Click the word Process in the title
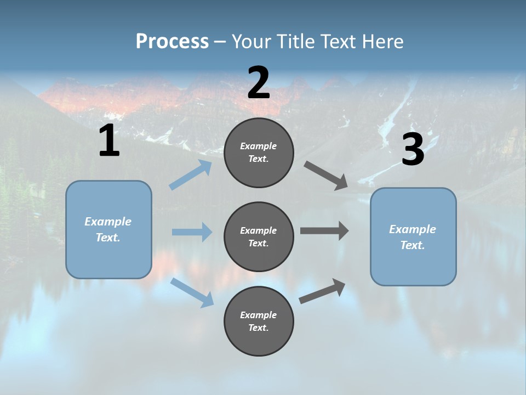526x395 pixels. coord(172,42)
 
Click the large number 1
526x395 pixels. coord(109,141)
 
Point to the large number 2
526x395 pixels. coord(259,83)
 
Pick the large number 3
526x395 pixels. coord(413,150)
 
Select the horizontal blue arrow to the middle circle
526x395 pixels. coord(192,232)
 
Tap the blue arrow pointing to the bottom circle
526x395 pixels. coord(192,292)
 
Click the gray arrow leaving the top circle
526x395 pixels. coord(326,176)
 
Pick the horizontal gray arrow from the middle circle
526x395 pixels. coord(324,231)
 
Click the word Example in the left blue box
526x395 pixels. coord(108,222)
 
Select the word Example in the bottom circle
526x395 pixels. coord(258,315)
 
